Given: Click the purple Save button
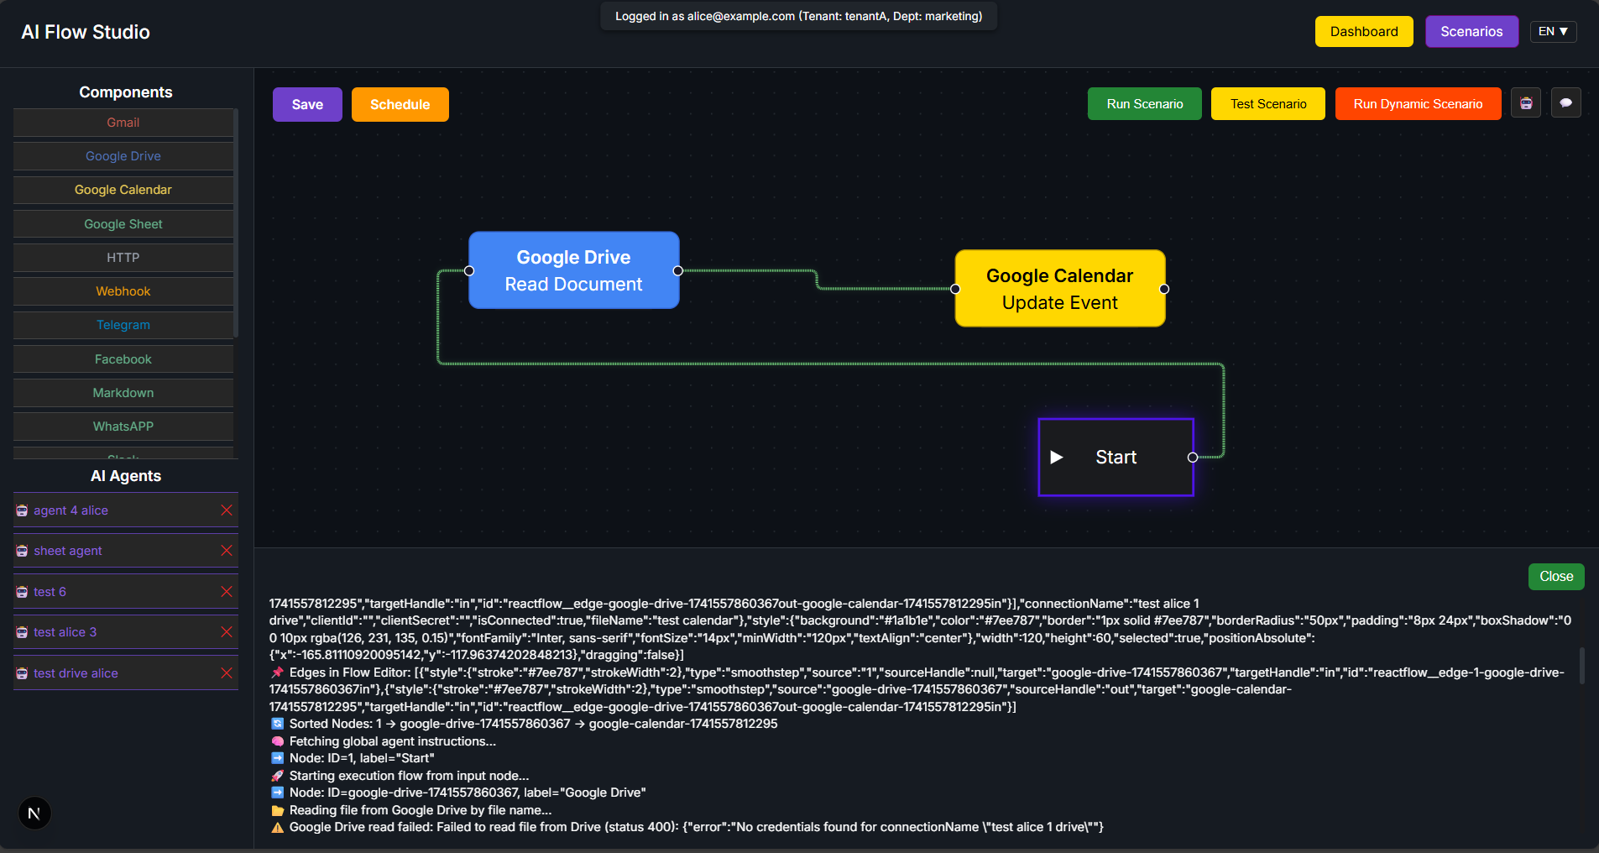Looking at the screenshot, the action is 307,105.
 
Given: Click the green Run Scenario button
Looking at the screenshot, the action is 1144,104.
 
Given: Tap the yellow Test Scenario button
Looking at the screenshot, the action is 1267,104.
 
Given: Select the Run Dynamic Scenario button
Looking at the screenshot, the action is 1417,104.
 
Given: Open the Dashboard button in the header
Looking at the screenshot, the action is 1363,32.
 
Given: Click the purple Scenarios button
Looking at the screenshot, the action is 1471,32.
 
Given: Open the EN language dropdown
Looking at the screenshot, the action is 1553,32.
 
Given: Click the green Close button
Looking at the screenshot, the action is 1555,577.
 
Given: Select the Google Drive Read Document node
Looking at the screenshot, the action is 573,270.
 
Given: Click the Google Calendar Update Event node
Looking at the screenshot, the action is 1059,289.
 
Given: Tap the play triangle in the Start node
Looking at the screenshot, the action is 1057,458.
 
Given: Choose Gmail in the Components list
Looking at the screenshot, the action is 123,123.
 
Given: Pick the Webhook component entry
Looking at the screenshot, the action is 123,291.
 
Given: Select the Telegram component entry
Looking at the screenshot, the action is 123,325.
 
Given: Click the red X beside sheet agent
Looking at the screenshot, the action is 227,551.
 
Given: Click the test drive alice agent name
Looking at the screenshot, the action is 76,673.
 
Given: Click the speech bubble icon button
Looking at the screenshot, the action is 1565,103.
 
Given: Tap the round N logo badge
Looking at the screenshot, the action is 34,813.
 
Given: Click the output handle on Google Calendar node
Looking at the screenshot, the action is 1164,289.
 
